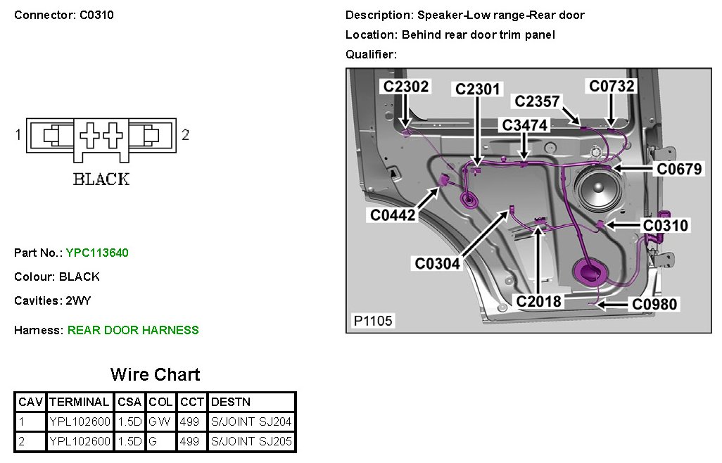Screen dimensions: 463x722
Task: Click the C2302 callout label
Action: point(405,87)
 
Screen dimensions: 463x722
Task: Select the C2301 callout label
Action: point(477,89)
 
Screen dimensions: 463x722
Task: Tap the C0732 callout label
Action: point(612,86)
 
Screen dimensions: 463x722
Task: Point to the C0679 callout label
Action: point(680,169)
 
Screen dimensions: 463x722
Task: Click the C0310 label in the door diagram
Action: point(666,225)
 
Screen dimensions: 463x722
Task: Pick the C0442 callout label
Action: point(393,216)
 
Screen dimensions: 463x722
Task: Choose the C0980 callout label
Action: point(654,304)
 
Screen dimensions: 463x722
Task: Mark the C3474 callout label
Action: point(524,125)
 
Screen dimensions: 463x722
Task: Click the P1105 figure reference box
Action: point(373,321)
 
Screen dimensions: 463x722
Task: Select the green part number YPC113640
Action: point(97,253)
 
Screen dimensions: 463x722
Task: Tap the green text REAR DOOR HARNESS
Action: point(133,330)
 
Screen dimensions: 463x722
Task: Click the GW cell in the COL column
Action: point(161,422)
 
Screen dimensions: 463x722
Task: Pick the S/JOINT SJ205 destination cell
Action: point(251,442)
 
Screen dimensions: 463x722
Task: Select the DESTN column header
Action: point(230,402)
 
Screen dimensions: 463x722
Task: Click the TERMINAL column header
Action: point(80,402)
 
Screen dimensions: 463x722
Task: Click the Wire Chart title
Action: point(155,374)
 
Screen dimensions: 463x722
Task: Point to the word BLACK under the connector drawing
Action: point(101,179)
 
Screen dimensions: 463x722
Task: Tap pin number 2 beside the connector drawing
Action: point(185,134)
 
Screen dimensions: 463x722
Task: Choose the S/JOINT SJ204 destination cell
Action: point(251,422)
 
